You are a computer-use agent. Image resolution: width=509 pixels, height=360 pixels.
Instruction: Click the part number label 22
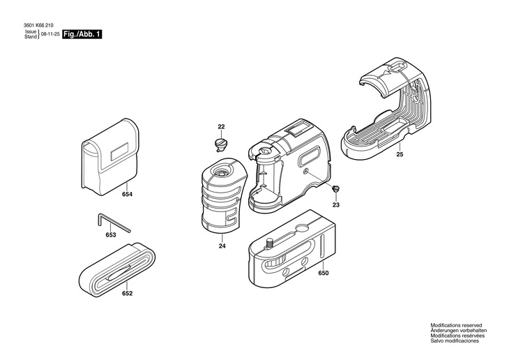point(221,126)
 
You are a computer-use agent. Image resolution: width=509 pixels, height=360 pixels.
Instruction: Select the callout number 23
point(335,205)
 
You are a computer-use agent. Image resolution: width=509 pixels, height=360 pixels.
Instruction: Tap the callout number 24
point(222,246)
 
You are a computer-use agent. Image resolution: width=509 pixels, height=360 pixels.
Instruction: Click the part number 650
point(323,273)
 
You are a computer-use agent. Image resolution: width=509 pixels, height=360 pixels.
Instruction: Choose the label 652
point(127,293)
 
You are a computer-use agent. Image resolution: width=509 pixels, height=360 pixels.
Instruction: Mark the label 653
point(111,235)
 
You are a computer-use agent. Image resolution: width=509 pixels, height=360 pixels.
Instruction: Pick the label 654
point(126,194)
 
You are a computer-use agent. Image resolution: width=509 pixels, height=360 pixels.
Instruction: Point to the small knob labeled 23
point(335,188)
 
